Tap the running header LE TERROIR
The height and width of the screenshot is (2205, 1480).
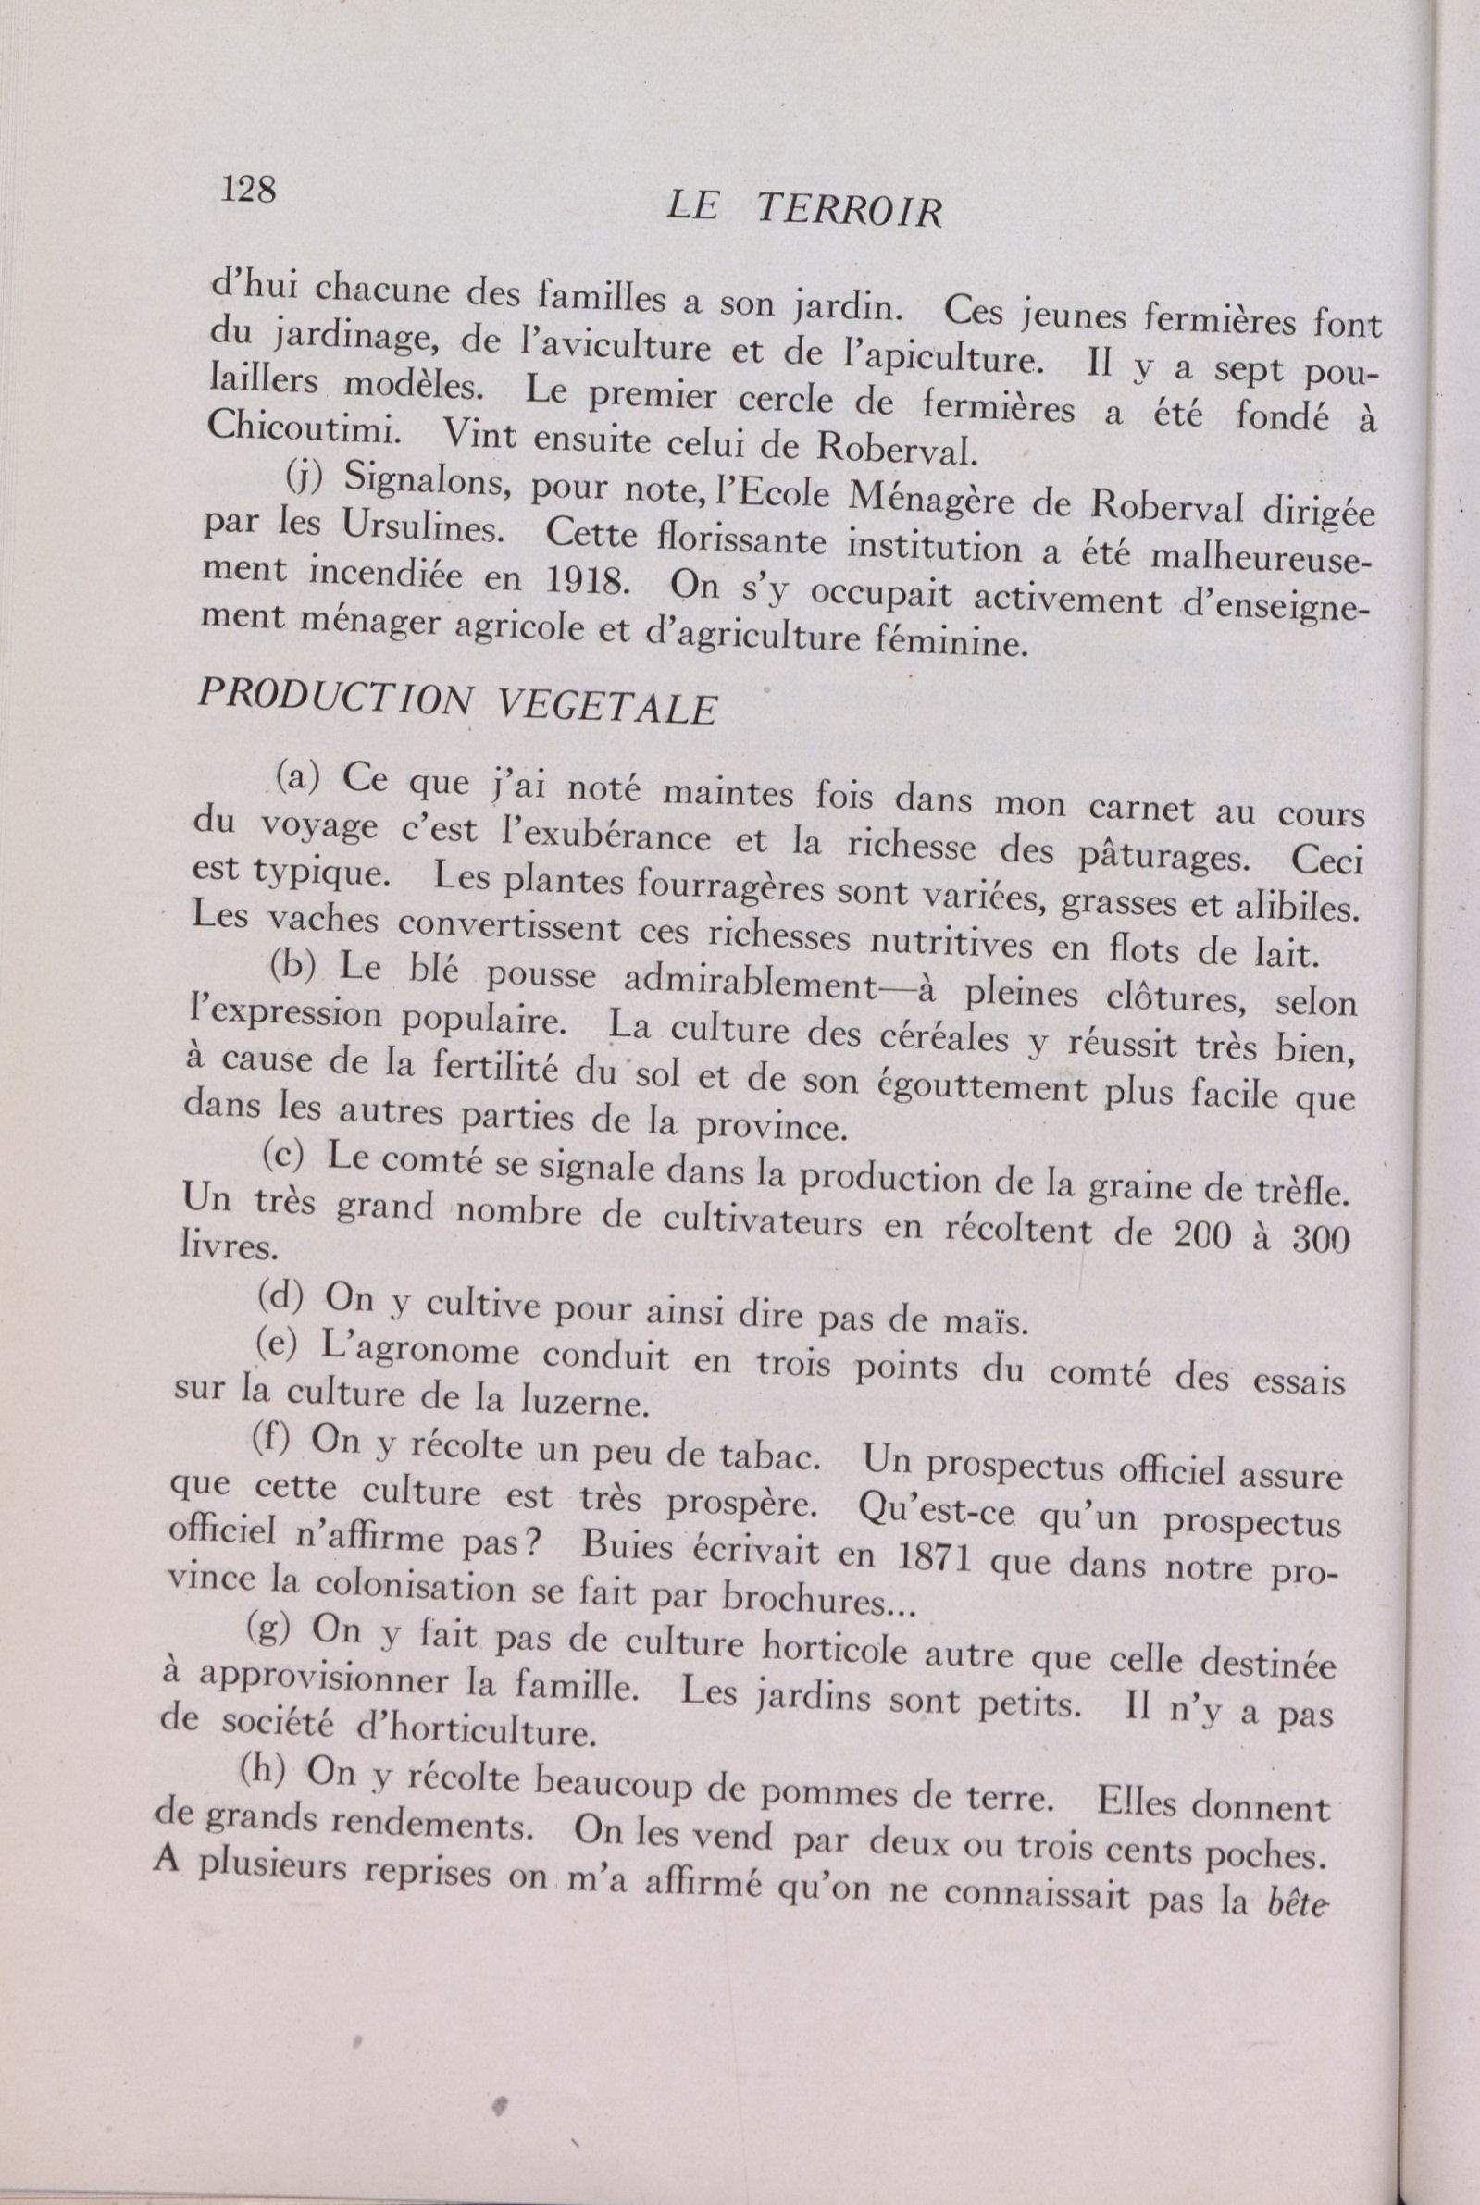point(803,211)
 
